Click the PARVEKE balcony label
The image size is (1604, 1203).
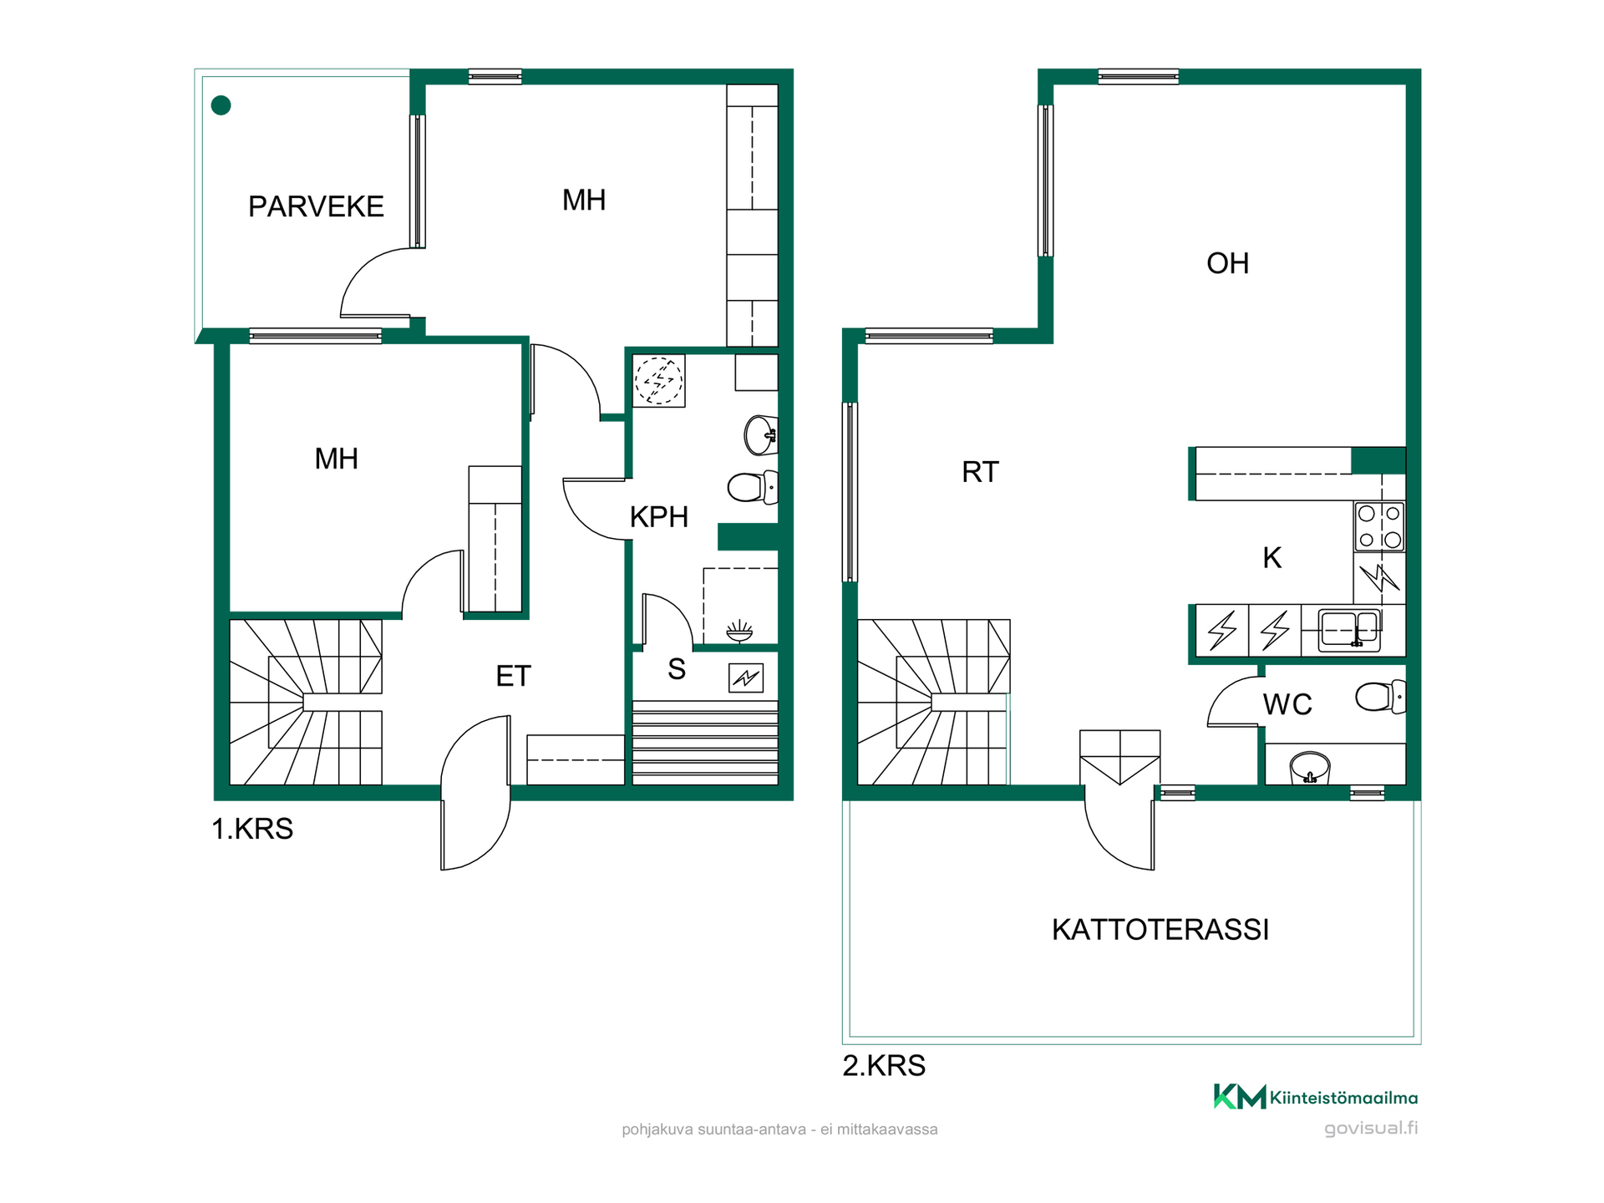tap(316, 206)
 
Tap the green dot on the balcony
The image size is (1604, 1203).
tap(221, 105)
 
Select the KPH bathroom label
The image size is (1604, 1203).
tap(658, 517)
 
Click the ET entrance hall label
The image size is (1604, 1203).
tap(513, 676)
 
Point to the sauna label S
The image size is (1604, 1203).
tap(677, 669)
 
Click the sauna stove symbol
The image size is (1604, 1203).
tap(746, 678)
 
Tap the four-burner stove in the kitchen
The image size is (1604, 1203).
tap(1379, 526)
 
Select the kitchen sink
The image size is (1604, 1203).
tap(1349, 630)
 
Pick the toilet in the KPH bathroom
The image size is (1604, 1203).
tap(752, 487)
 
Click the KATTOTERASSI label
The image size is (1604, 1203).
tap(1160, 930)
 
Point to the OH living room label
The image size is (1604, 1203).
tap(1227, 264)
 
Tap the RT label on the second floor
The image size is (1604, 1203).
tap(980, 472)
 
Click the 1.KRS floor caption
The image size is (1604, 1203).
tap(252, 829)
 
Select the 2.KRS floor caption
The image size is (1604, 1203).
tap(884, 1066)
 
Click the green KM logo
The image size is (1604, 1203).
tap(1240, 1096)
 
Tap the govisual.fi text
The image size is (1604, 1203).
tap(1371, 1129)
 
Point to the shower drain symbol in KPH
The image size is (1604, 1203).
tap(739, 631)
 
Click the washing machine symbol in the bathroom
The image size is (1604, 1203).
tap(659, 381)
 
